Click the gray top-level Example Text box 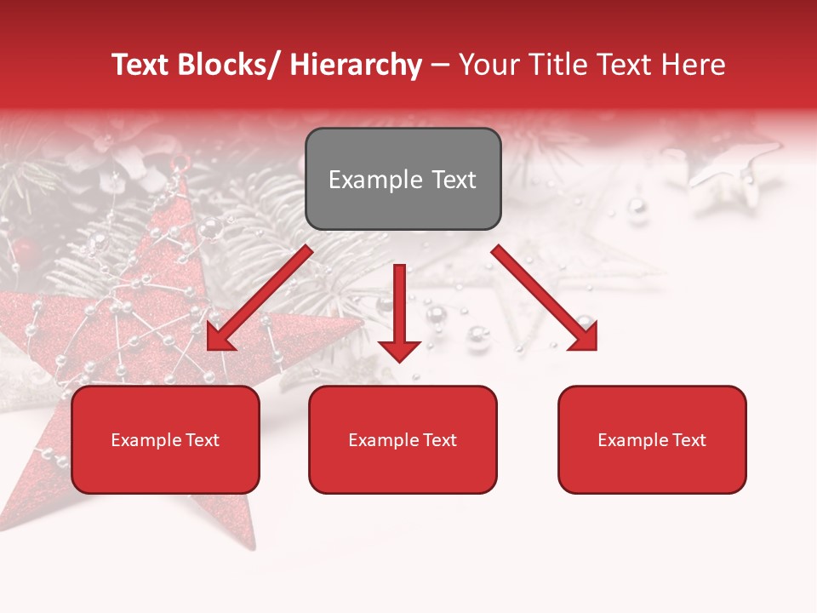click(403, 179)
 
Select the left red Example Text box click(165, 439)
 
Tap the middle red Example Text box click(403, 439)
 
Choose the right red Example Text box click(652, 439)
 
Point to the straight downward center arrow click(399, 311)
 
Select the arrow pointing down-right click(545, 298)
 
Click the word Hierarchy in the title click(356, 65)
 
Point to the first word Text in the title click(141, 65)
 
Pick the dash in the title click(440, 65)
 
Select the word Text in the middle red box click(439, 439)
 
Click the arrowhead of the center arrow click(399, 349)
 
